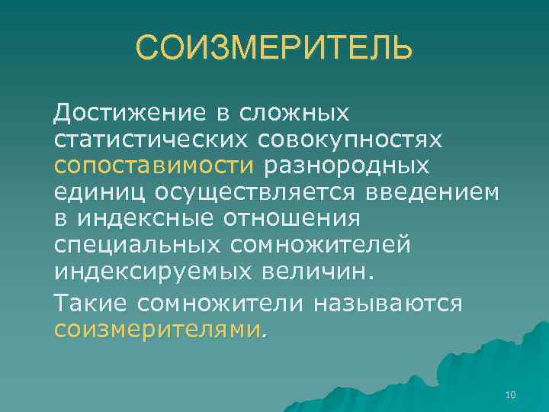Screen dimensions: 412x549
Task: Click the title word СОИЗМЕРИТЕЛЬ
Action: pos(274,50)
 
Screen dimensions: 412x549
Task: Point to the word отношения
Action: pos(291,219)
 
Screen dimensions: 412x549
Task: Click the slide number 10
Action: pos(511,394)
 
